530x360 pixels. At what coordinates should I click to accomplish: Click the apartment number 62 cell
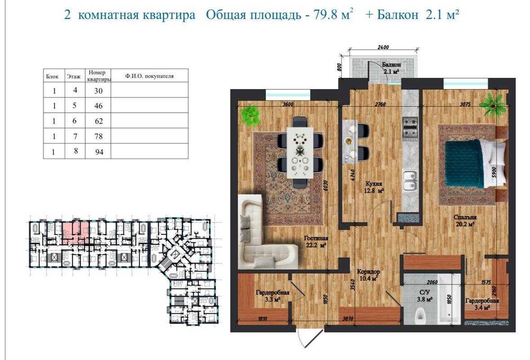click(98, 121)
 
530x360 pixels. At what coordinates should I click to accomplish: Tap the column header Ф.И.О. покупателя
click(149, 76)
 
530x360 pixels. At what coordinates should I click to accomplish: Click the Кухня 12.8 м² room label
click(373, 188)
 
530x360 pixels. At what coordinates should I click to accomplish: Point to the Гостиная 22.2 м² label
click(316, 242)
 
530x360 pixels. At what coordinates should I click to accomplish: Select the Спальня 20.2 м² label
click(464, 221)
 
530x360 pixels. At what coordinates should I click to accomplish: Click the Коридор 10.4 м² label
click(368, 275)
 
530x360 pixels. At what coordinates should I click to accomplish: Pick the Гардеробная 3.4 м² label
click(482, 303)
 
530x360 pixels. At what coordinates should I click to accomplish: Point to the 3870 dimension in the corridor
click(347, 320)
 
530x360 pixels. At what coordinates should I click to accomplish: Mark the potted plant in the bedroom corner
click(493, 104)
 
